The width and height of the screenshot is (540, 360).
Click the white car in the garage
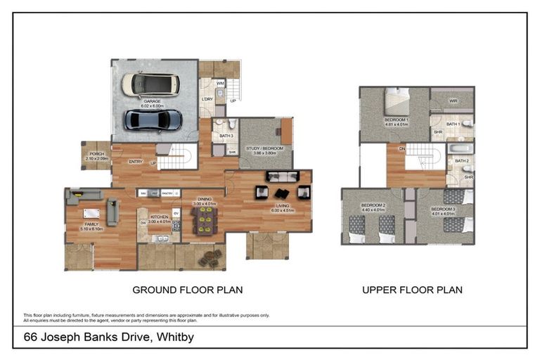[150, 84]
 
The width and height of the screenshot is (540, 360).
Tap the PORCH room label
[94, 156]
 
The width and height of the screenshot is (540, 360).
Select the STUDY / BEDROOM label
[264, 148]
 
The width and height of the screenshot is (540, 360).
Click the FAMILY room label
[93, 225]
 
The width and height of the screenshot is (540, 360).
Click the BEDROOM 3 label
[444, 209]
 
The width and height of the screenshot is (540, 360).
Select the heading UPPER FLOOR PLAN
[412, 289]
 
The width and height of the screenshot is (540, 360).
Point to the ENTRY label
[136, 162]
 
